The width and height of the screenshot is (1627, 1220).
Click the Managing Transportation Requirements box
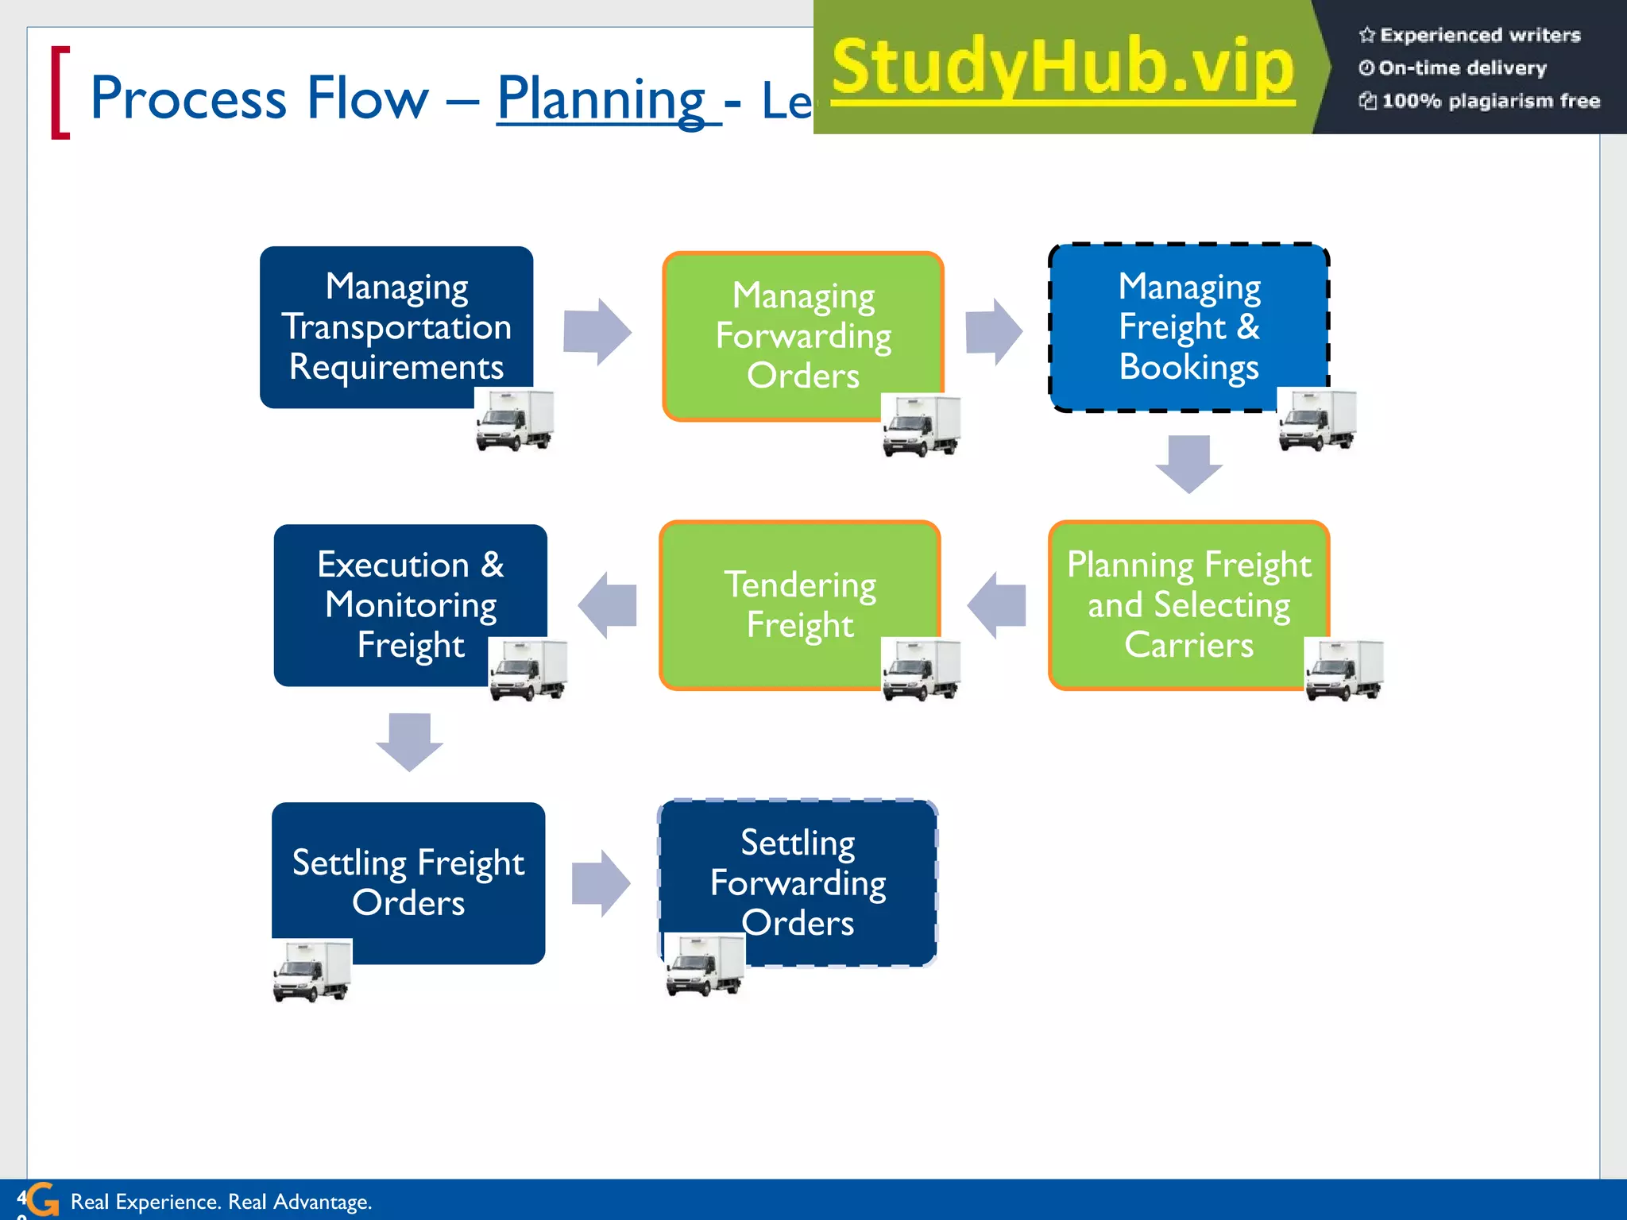pyautogui.click(x=396, y=326)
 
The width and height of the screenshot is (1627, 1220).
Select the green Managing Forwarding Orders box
pyautogui.click(x=802, y=335)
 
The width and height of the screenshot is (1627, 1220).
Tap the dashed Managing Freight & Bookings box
pyautogui.click(x=1188, y=326)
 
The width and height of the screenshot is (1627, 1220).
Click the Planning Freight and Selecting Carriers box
pyautogui.click(x=1188, y=604)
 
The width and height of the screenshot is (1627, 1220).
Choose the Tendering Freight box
pyautogui.click(x=799, y=604)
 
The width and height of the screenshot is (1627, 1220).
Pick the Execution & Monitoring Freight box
pyautogui.click(x=410, y=604)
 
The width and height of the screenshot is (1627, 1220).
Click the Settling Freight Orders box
pyautogui.click(x=408, y=882)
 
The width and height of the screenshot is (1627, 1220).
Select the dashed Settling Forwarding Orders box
pyautogui.click(x=798, y=882)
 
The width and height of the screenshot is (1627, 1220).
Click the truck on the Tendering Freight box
pyautogui.click(x=922, y=669)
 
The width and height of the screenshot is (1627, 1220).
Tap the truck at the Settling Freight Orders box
pyautogui.click(x=312, y=971)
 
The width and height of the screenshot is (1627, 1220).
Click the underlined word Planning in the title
pyautogui.click(x=601, y=98)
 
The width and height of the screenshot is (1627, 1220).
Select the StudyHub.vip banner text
pyautogui.click(x=1063, y=68)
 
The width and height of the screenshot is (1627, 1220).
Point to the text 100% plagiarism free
pyautogui.click(x=1489, y=101)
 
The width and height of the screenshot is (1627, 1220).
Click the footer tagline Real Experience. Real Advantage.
pyautogui.click(x=221, y=1202)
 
